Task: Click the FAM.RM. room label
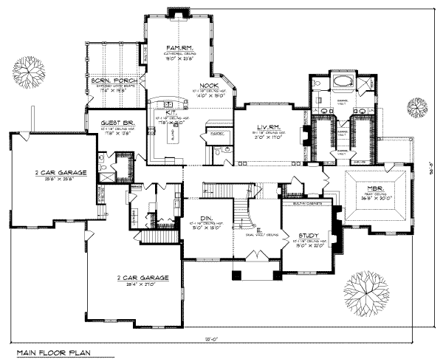tap(180, 47)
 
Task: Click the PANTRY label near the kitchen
tap(217, 134)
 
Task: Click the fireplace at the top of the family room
tap(178, 12)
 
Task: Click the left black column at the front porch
tap(236, 276)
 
